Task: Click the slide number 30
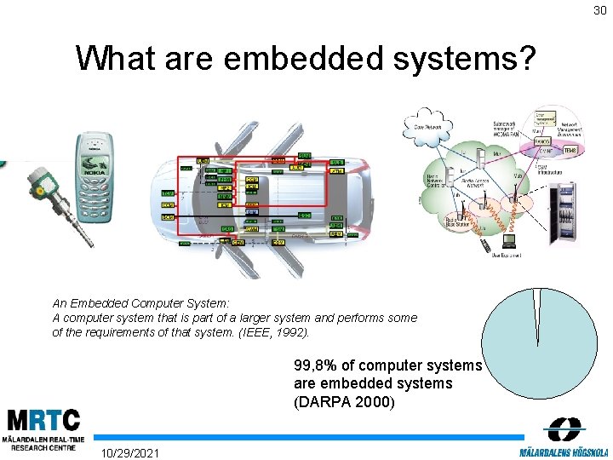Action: [600, 10]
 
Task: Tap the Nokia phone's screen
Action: [92, 155]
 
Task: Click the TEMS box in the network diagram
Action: [570, 150]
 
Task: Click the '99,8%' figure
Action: [317, 365]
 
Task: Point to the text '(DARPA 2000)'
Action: [344, 401]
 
